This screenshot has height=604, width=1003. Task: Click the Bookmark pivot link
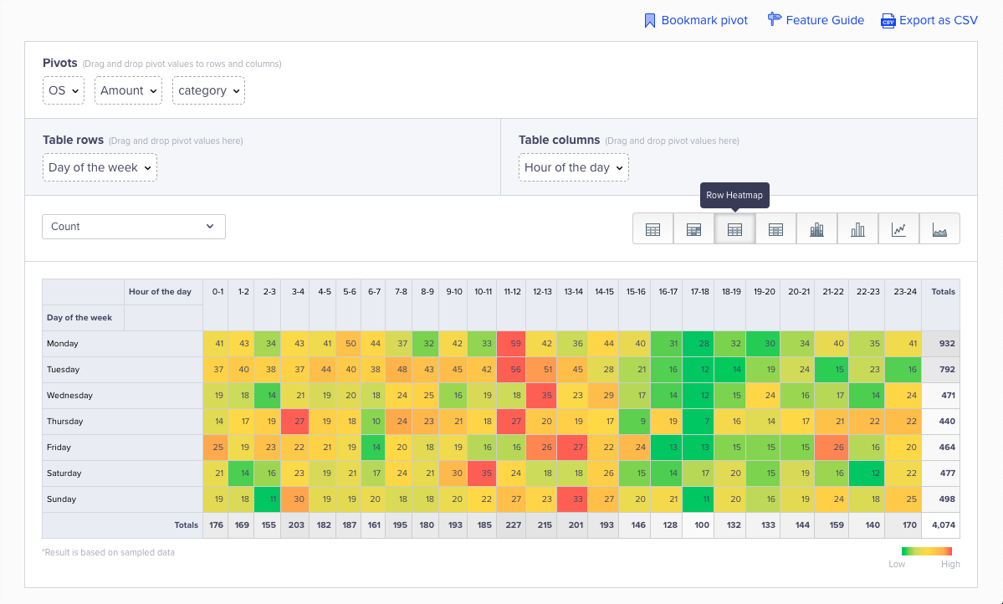pyautogui.click(x=696, y=20)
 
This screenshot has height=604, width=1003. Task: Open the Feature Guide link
pyautogui.click(x=816, y=20)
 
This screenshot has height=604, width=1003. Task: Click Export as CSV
pyautogui.click(x=929, y=20)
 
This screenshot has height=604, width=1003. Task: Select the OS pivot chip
pyautogui.click(x=64, y=90)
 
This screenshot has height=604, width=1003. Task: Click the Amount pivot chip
pyautogui.click(x=128, y=90)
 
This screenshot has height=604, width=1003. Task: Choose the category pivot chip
pyautogui.click(x=208, y=90)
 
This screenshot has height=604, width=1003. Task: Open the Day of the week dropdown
pyautogui.click(x=100, y=167)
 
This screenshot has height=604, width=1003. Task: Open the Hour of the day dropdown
pyautogui.click(x=574, y=167)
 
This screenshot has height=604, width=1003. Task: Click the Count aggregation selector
pyautogui.click(x=134, y=227)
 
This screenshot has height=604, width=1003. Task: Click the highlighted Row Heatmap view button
pyautogui.click(x=734, y=228)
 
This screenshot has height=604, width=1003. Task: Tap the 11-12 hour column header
pyautogui.click(x=512, y=292)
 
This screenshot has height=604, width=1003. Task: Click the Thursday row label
pyautogui.click(x=65, y=422)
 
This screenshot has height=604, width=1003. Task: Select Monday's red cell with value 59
pyautogui.click(x=512, y=344)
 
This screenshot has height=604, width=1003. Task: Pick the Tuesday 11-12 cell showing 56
pyautogui.click(x=512, y=370)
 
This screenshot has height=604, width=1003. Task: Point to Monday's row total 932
pyautogui.click(x=946, y=344)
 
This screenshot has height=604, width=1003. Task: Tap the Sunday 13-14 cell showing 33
pyautogui.click(x=573, y=499)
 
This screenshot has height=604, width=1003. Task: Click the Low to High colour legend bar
pyautogui.click(x=926, y=551)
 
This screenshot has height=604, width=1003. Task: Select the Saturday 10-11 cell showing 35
pyautogui.click(x=482, y=473)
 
